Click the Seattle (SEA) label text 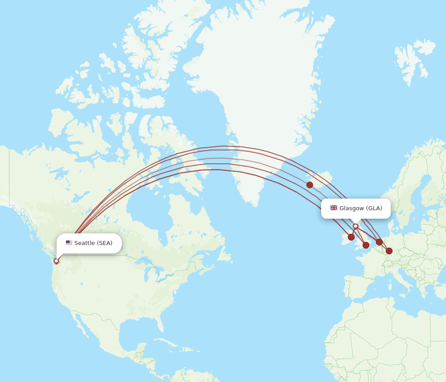coord(93,243)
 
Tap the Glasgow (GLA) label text coord(360,208)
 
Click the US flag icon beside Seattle coord(69,243)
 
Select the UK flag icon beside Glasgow coord(334,208)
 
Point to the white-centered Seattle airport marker coord(56,261)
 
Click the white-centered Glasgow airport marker coord(355,226)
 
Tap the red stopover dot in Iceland coord(310,185)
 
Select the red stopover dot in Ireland coord(351,237)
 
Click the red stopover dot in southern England coord(366,245)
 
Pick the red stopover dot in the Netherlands coord(379,242)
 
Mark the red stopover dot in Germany coord(389,251)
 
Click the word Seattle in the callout coord(84,243)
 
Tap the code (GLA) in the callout coord(374,208)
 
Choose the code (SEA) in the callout coord(105,243)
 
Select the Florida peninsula coord(157,328)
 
